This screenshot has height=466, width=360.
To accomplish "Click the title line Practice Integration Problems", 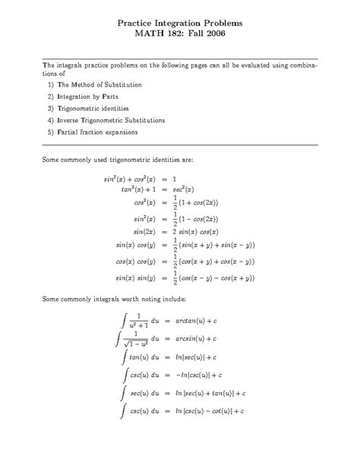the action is (x=180, y=24).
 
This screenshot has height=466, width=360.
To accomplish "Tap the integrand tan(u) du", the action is (x=144, y=356).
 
